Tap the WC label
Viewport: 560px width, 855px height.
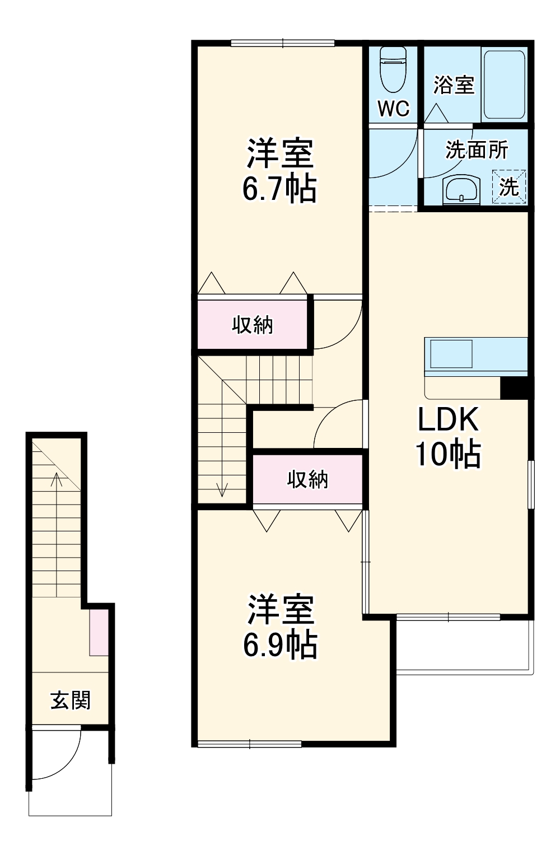coord(393,108)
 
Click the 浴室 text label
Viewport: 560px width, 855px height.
coord(454,85)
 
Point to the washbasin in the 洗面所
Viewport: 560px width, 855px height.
coord(461,189)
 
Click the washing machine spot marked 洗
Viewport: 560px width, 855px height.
coord(509,186)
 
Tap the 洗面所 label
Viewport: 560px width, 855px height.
coord(476,150)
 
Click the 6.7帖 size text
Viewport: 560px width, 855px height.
coord(279,189)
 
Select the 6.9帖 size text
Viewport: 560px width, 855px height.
coord(280,645)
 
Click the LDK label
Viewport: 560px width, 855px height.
coord(448,419)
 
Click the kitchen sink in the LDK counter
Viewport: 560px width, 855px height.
coord(451,354)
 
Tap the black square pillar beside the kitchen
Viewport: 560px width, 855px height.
coord(514,388)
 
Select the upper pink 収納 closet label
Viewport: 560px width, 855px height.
coord(253,325)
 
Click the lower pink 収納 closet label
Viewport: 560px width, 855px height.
coord(307,479)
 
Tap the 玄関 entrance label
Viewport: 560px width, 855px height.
coord(71,700)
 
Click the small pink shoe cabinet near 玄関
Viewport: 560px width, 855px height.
coord(99,633)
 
